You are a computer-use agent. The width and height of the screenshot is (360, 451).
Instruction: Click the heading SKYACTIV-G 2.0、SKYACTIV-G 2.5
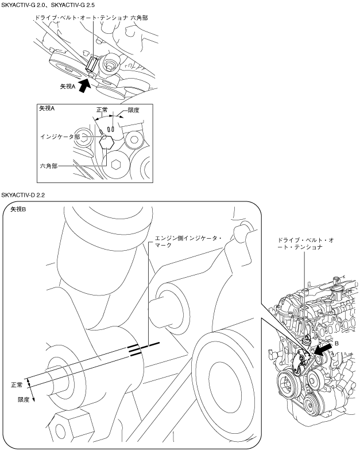tap(48, 5)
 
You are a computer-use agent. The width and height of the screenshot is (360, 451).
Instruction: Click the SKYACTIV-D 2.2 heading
tap(23, 195)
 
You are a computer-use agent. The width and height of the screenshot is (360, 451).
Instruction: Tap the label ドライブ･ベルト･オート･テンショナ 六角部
tap(91, 18)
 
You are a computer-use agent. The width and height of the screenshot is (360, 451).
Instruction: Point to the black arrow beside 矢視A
tap(84, 85)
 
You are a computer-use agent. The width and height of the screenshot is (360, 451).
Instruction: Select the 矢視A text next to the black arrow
tap(68, 86)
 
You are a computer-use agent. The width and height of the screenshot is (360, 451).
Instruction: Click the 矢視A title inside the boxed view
tap(47, 108)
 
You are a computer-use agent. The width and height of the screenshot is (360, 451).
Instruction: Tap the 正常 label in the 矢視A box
tap(102, 110)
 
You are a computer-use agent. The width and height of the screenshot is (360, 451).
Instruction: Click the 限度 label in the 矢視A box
tap(134, 110)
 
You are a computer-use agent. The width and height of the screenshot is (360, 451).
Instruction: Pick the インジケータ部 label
tap(60, 137)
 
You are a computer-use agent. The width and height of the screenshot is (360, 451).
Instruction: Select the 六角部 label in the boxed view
tap(49, 166)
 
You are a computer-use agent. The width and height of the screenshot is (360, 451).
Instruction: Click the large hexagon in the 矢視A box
tap(106, 142)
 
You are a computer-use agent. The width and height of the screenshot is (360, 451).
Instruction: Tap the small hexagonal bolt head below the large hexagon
tap(115, 165)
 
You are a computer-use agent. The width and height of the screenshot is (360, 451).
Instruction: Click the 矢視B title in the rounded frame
tap(18, 209)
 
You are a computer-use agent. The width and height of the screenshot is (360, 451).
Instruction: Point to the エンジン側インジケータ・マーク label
tap(188, 242)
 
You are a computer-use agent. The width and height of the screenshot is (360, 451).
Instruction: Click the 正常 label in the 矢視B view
tap(17, 385)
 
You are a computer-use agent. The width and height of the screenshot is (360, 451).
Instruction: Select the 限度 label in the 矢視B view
tap(24, 399)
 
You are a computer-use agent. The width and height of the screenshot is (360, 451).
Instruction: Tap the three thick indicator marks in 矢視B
tap(144, 349)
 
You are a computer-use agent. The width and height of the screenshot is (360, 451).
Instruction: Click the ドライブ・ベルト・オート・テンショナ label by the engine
tap(305, 243)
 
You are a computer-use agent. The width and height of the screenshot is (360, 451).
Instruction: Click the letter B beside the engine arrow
tap(336, 344)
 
